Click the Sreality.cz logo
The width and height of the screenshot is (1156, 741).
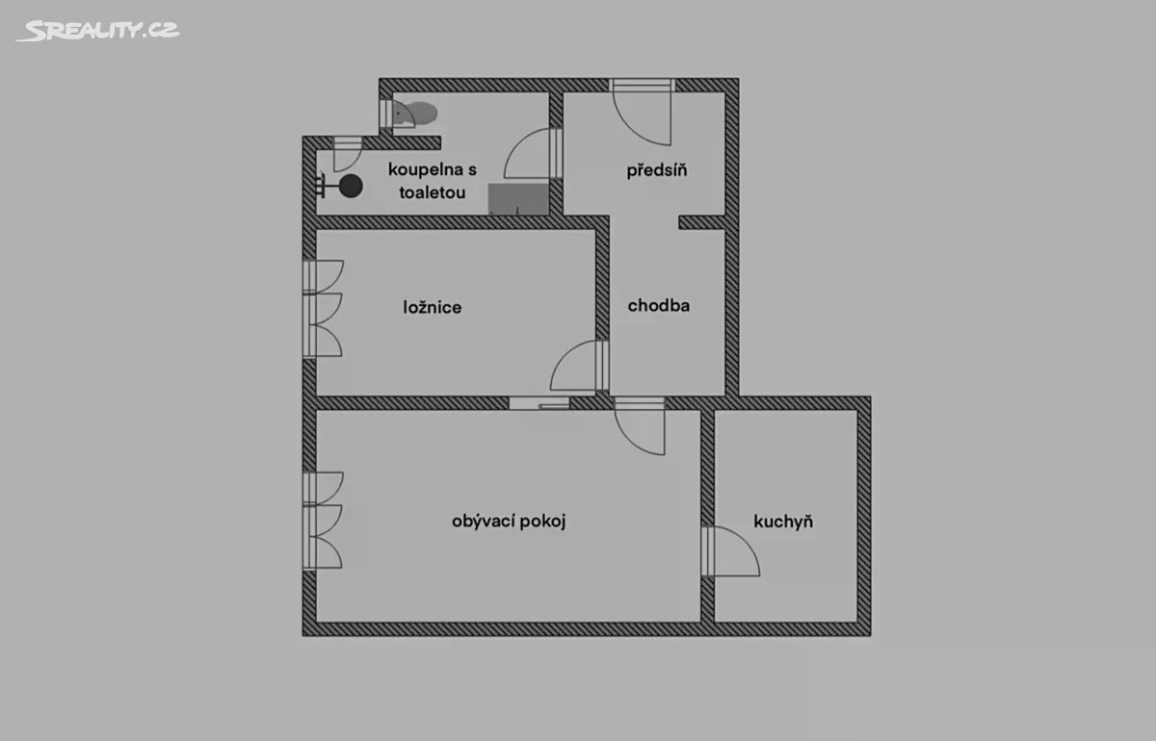(98, 31)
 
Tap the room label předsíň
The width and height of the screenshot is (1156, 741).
(657, 170)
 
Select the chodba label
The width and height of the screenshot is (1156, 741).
(659, 305)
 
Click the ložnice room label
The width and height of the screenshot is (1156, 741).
(433, 307)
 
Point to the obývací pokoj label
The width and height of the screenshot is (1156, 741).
(509, 522)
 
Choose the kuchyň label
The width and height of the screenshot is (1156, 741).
(783, 522)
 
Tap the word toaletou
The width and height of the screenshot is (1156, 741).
(433, 192)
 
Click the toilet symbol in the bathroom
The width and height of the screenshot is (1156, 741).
(415, 114)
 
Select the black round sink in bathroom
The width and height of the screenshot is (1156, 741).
(351, 186)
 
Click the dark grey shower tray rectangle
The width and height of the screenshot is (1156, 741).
(518, 198)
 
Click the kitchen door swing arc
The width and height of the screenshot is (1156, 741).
(731, 550)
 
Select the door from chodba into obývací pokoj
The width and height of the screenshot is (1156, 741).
(640, 426)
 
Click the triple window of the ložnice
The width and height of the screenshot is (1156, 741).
(323, 308)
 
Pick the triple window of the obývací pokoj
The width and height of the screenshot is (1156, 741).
(323, 521)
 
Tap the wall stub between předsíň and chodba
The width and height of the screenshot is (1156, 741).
(702, 222)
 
